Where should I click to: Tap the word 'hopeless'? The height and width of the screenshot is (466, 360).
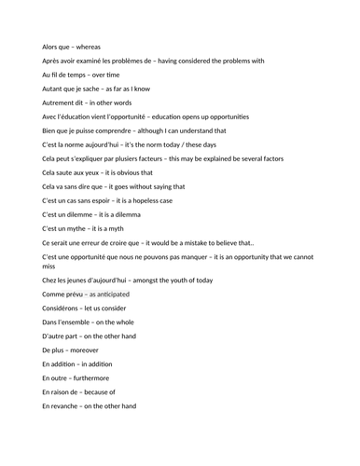tap(154, 199)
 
